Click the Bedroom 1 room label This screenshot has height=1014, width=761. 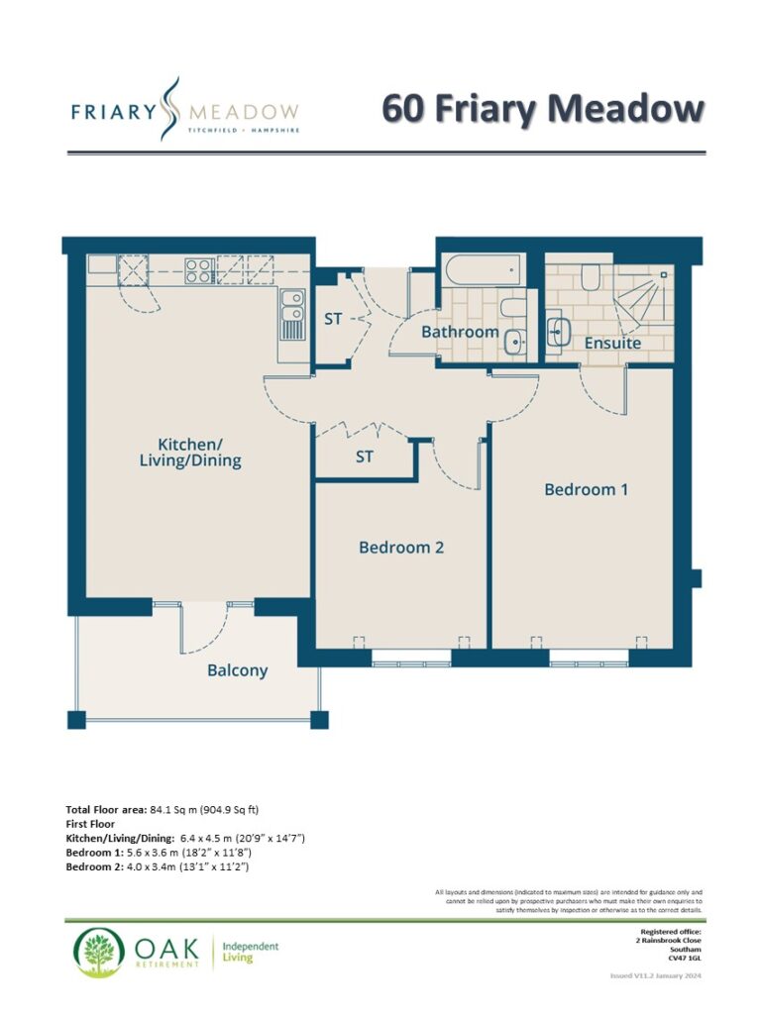(586, 489)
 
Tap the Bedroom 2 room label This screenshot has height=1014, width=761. (401, 548)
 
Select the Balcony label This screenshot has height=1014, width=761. (238, 670)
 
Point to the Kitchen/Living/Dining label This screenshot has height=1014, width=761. (190, 453)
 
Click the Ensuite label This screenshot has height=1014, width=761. (612, 343)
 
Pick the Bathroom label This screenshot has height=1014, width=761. (460, 332)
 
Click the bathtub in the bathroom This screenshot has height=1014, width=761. (482, 270)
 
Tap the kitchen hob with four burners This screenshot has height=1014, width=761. (199, 271)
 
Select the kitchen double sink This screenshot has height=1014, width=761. (292, 315)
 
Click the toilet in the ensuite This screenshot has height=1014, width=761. (590, 277)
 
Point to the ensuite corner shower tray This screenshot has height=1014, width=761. (643, 296)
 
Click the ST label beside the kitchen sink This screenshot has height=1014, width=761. (333, 319)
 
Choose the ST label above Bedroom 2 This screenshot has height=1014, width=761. (365, 457)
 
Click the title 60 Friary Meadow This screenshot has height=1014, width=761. (542, 108)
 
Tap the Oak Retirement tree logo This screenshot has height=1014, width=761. (99, 952)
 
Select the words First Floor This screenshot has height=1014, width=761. (90, 824)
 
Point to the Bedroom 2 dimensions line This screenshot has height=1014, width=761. (158, 866)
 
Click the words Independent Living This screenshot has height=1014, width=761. (251, 952)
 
